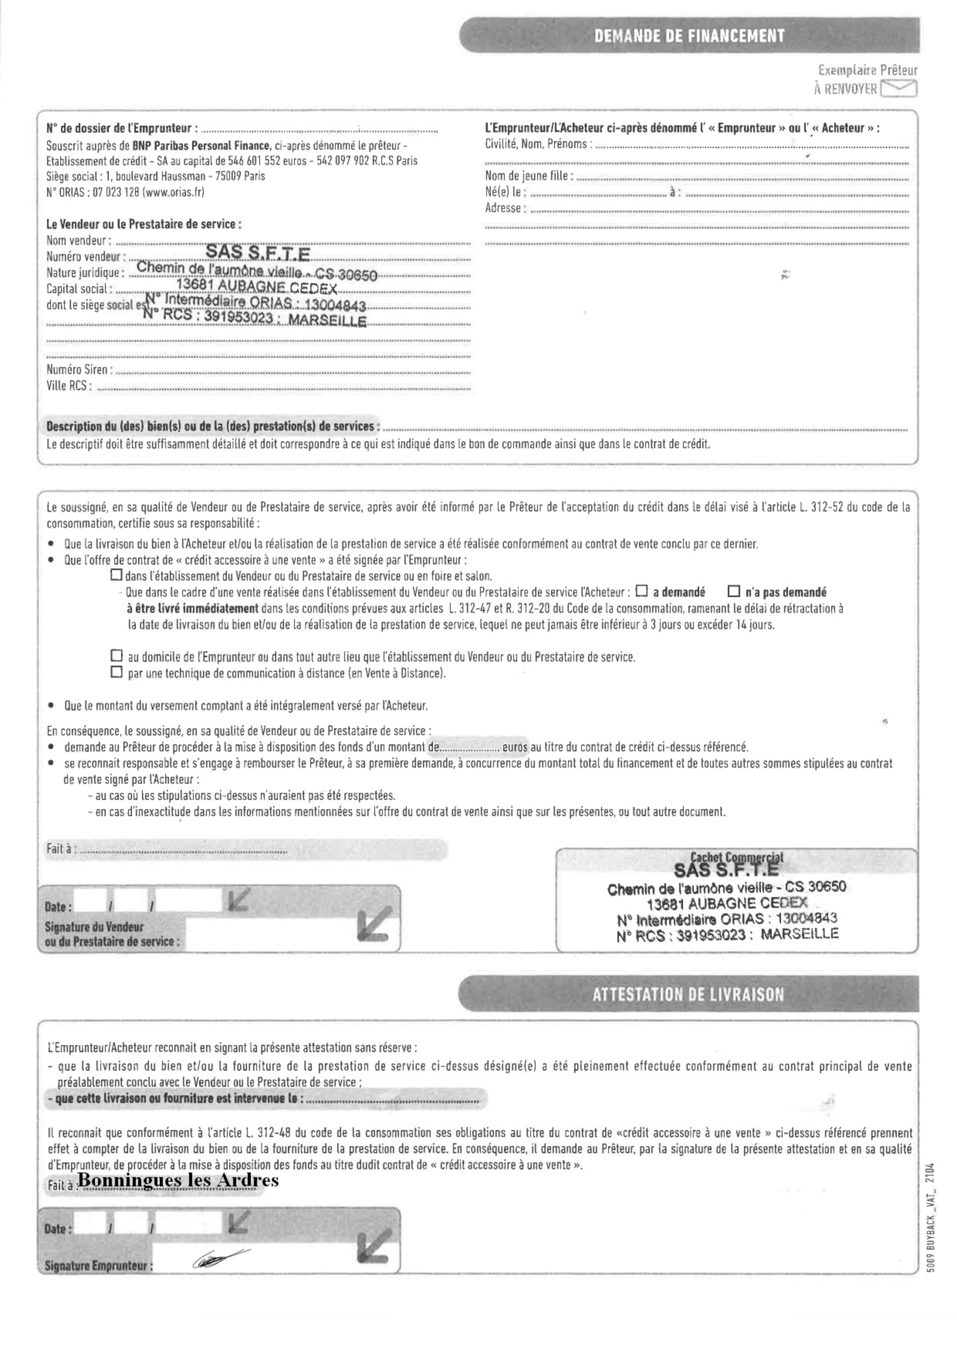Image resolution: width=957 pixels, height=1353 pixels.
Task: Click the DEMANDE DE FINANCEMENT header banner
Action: point(689,36)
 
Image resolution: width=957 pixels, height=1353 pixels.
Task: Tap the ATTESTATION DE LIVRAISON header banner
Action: point(688,995)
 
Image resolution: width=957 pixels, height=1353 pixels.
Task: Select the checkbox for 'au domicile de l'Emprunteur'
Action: point(117,655)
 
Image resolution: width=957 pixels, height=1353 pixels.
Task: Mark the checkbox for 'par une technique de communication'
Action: point(117,672)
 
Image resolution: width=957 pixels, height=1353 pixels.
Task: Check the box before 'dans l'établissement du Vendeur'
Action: point(117,574)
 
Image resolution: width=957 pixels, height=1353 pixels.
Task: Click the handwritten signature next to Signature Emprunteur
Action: point(219,1258)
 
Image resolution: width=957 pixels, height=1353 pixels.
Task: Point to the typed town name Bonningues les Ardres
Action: point(178,1180)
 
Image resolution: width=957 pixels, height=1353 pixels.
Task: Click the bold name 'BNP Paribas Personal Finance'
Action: point(201,145)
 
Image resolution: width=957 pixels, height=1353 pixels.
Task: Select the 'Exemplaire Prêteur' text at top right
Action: point(868,71)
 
